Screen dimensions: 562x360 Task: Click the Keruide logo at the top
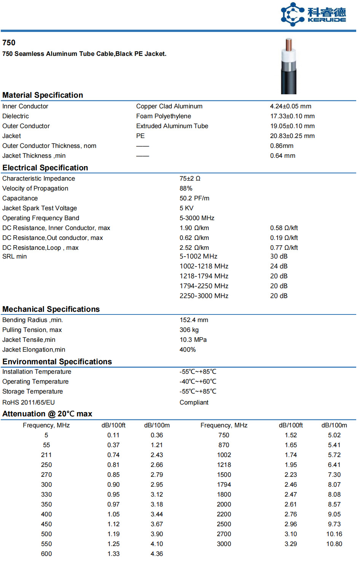(313, 14)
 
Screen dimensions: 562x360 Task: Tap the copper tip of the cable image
(289, 45)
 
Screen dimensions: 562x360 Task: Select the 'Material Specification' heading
(43, 95)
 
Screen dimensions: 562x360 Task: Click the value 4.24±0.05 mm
(290, 106)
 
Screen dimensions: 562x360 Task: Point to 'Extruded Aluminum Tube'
(172, 126)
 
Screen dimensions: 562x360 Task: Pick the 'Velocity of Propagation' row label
(35, 189)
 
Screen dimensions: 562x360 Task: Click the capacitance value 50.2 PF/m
(194, 198)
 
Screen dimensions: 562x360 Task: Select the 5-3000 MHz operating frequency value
(197, 218)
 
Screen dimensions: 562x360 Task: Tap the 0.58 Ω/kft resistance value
(284, 228)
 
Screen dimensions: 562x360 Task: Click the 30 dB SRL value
(279, 257)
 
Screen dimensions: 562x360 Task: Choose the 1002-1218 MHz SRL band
(204, 267)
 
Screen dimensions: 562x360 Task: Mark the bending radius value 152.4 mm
(194, 320)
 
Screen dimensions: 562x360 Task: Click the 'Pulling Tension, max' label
(32, 330)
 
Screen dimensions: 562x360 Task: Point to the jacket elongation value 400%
(188, 350)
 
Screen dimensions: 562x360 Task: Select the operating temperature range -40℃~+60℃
(198, 382)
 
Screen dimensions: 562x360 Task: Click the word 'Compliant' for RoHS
(194, 403)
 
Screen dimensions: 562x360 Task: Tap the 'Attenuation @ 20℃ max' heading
(47, 414)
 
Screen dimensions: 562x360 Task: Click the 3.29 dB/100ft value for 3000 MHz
(291, 544)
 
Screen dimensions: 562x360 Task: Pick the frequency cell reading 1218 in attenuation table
(224, 465)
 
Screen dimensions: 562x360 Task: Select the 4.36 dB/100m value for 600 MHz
(157, 554)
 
